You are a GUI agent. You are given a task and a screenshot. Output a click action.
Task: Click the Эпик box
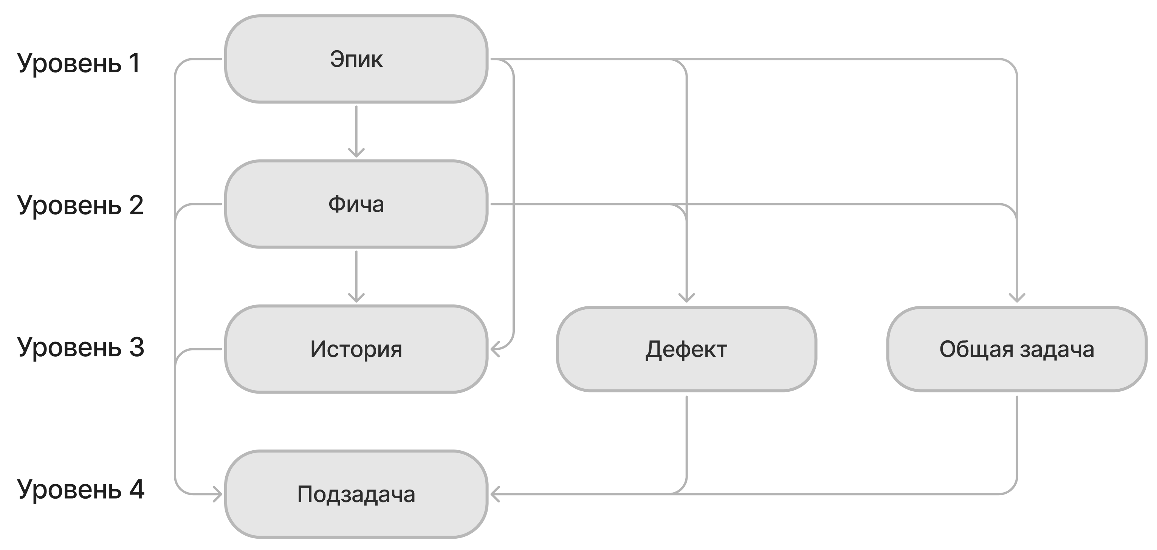click(356, 59)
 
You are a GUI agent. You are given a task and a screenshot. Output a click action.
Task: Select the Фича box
click(356, 204)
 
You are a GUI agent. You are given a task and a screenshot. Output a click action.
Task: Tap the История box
click(356, 349)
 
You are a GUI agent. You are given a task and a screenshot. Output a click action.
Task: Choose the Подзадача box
click(356, 494)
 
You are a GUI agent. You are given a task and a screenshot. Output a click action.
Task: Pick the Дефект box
click(686, 349)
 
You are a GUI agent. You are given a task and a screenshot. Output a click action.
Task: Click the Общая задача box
click(1017, 349)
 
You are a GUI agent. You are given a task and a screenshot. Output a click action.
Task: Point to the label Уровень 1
click(79, 63)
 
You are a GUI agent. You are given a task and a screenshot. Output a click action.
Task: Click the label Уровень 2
click(81, 205)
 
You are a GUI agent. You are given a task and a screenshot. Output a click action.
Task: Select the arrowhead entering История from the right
click(496, 349)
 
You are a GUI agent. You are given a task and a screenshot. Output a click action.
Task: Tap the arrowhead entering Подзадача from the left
click(217, 494)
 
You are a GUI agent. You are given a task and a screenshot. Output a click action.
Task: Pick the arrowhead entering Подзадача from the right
click(496, 494)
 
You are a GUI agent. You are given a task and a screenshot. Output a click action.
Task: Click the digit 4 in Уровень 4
click(136, 488)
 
